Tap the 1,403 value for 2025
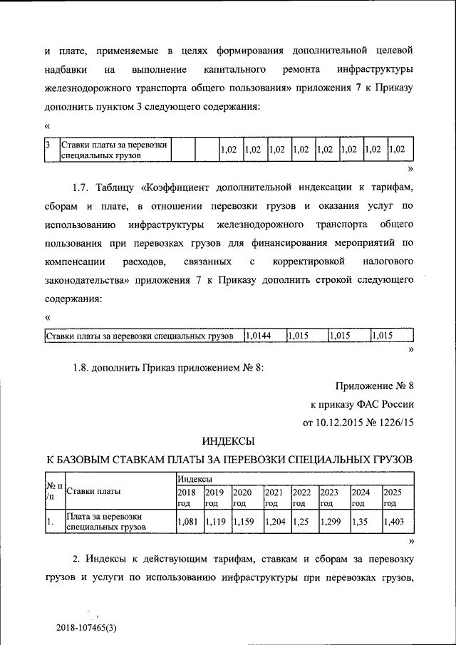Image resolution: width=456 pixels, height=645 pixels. pyautogui.click(x=394, y=522)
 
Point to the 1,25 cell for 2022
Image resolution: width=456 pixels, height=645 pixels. pyautogui.click(x=301, y=522)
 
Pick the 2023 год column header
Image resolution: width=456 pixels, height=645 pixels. pyautogui.click(x=328, y=497)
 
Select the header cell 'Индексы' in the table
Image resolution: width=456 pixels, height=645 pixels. pyautogui.click(x=193, y=481)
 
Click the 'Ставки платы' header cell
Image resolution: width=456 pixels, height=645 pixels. pyautogui.click(x=93, y=491)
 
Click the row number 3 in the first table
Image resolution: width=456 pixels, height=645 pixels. pyautogui.click(x=47, y=145)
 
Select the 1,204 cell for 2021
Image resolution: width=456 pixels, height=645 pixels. pyautogui.click(x=274, y=522)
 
